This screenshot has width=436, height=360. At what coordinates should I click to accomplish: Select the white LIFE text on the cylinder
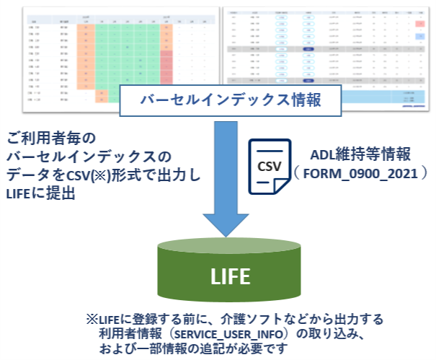[227, 276]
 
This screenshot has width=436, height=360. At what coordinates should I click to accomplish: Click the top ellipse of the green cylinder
[227, 248]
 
